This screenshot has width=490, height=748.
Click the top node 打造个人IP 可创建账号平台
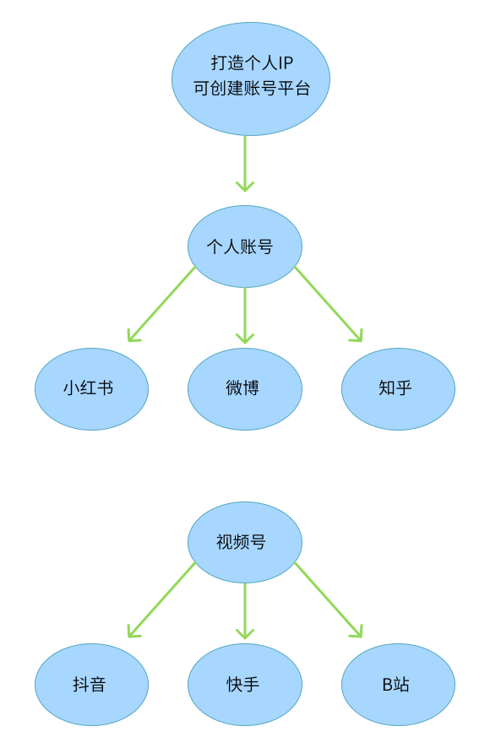pyautogui.click(x=251, y=79)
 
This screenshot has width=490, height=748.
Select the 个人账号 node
pyautogui.click(x=244, y=247)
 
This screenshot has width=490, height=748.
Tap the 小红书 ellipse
pyautogui.click(x=92, y=389)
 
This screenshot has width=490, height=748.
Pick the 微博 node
pyautogui.click(x=244, y=389)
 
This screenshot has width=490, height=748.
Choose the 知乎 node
pyautogui.click(x=398, y=389)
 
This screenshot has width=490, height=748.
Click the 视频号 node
pyautogui.click(x=244, y=542)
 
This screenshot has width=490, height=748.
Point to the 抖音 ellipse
pyautogui.click(x=92, y=685)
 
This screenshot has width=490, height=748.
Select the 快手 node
pyautogui.click(x=244, y=685)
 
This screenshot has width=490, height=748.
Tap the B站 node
pyautogui.click(x=398, y=685)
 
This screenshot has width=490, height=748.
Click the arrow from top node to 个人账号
pyautogui.click(x=245, y=164)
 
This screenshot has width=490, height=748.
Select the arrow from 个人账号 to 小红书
pyautogui.click(x=161, y=304)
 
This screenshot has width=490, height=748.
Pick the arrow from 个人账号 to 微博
pyautogui.click(x=245, y=315)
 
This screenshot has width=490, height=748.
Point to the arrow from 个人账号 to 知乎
pyautogui.click(x=329, y=304)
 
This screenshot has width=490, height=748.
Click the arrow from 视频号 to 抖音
pyautogui.click(x=161, y=599)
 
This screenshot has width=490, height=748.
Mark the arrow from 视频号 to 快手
pyautogui.click(x=245, y=611)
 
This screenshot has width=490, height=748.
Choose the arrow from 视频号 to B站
pyautogui.click(x=329, y=599)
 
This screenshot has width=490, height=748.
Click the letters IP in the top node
pyautogui.click(x=286, y=63)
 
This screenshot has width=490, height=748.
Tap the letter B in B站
pyautogui.click(x=387, y=685)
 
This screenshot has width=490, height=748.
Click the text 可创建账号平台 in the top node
pyautogui.click(x=252, y=89)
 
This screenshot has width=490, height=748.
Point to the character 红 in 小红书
pyautogui.click(x=89, y=388)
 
